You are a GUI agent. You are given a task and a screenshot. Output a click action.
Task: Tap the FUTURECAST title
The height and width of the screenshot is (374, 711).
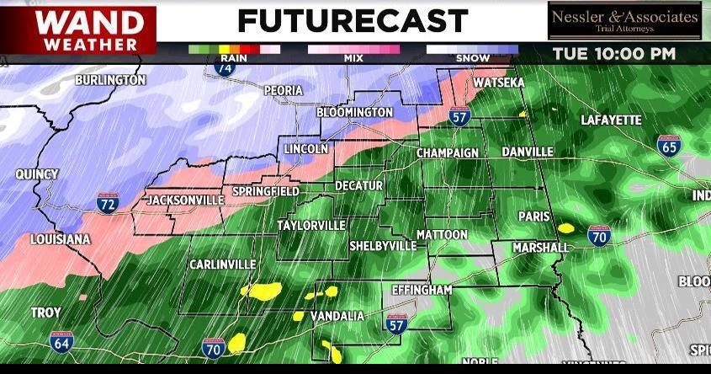352,20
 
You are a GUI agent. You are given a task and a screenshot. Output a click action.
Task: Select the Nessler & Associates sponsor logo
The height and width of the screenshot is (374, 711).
623,21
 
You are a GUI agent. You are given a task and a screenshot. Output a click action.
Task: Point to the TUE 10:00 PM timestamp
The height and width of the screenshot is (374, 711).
613,54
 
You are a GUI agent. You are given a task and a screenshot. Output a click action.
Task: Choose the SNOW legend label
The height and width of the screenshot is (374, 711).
472,58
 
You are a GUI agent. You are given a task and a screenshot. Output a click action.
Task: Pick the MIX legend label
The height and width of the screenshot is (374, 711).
353,58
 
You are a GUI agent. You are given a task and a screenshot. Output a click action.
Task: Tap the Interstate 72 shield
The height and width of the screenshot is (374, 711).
108,202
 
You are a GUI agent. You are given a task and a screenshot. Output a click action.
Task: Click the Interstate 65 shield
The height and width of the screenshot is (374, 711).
669,147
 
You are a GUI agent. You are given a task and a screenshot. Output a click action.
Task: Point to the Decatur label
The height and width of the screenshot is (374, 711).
358,185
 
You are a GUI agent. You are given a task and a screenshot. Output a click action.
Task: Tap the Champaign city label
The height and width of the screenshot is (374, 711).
448,153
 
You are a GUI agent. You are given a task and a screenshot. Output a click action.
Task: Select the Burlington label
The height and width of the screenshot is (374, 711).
110,80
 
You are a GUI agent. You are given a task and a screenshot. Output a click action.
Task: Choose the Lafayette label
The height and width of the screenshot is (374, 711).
611,120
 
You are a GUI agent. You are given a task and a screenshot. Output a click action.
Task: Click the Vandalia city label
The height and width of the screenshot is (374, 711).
337,316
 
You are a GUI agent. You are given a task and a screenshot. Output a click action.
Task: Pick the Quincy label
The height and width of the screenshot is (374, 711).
37,174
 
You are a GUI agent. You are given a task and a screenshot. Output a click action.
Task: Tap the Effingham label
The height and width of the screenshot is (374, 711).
422,290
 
